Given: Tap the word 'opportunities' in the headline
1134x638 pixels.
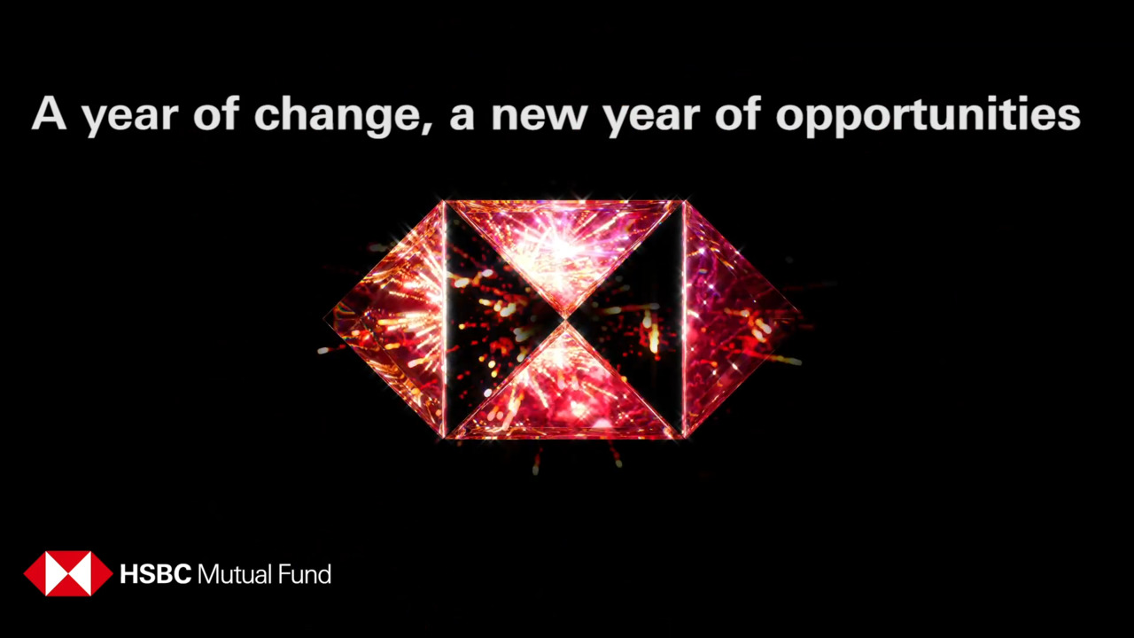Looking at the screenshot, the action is click(x=928, y=116).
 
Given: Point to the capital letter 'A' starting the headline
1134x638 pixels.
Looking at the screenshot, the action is click(x=49, y=113).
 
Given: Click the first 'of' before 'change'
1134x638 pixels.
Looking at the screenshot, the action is click(x=215, y=113).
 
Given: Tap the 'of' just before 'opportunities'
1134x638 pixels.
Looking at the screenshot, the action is click(x=738, y=113).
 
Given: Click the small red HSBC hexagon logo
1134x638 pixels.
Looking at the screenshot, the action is click(x=68, y=573).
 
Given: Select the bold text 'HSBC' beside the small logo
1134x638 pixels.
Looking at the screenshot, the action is click(x=155, y=574).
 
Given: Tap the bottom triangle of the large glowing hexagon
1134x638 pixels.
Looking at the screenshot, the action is click(x=563, y=390).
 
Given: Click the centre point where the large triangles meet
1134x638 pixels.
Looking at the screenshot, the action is click(x=565, y=320).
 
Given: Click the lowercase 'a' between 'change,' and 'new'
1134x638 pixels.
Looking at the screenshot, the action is click(x=462, y=119).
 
